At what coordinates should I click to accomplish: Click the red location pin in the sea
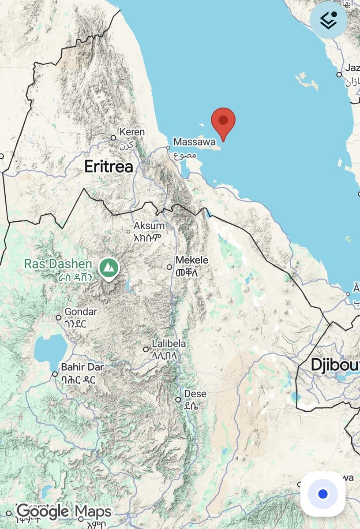(223, 121)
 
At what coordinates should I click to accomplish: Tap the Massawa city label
(194, 142)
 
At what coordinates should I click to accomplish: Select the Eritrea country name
(109, 167)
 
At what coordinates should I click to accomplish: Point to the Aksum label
(149, 226)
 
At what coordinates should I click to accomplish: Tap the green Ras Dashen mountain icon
(108, 267)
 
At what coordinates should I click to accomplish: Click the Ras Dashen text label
(58, 264)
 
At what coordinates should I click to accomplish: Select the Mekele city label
(192, 261)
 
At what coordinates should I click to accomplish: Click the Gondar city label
(80, 312)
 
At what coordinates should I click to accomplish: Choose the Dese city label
(195, 394)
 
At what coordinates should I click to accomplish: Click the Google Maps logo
(64, 512)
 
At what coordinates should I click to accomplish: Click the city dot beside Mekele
(169, 267)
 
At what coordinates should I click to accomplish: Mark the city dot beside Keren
(113, 138)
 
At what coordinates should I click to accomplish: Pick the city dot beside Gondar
(59, 317)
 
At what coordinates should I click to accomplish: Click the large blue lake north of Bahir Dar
(50, 348)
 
